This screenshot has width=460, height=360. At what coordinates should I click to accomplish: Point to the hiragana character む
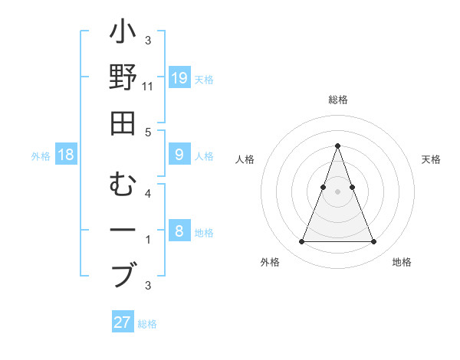[123, 185]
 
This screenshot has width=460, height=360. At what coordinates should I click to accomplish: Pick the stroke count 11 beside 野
[148, 86]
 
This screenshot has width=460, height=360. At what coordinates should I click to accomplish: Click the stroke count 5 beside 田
[148, 133]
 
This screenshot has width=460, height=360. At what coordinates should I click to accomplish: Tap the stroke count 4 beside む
[148, 195]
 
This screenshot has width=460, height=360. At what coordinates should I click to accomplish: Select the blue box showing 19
[179, 78]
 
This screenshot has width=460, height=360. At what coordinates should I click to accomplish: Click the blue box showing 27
[123, 322]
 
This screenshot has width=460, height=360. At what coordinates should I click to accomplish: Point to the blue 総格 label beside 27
[148, 324]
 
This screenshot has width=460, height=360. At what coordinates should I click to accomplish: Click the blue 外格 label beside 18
[41, 156]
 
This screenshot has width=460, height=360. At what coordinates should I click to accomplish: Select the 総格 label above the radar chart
[337, 100]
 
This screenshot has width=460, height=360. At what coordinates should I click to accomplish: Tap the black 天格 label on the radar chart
[432, 159]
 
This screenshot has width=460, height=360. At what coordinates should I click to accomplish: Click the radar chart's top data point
[337, 146]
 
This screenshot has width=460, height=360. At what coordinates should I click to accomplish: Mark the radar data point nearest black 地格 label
[373, 242]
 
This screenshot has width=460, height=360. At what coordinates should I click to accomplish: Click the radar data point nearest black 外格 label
[301, 242]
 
